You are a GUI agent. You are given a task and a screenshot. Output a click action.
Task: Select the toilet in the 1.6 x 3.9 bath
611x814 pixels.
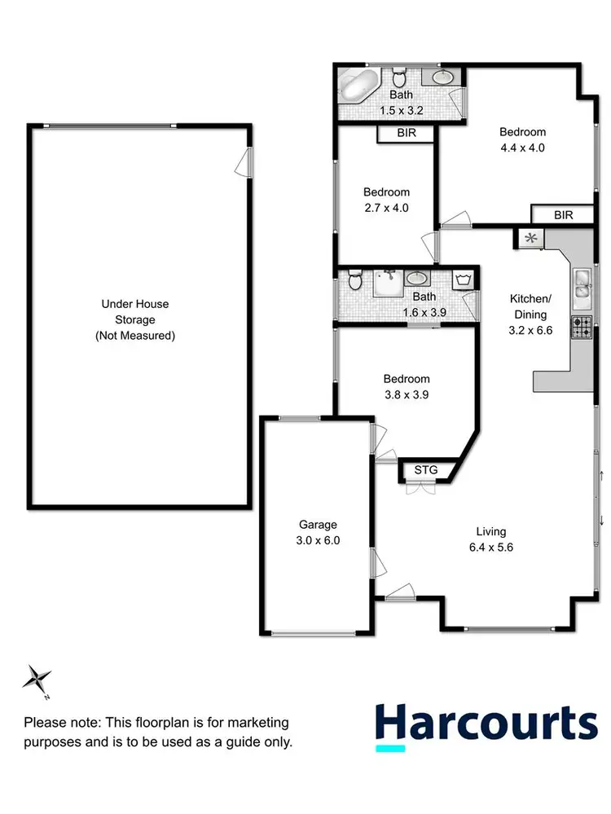[354, 283]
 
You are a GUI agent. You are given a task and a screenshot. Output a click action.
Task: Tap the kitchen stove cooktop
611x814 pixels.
[582, 327]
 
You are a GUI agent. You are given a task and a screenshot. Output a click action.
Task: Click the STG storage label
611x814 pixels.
[426, 470]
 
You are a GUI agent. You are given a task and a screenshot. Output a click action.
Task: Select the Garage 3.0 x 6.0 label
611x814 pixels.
[317, 532]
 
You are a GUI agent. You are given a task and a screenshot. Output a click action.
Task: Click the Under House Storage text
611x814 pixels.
[134, 319]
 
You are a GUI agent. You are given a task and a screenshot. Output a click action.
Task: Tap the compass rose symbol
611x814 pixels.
[37, 677]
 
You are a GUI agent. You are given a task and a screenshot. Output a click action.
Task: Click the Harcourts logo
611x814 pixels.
[486, 724]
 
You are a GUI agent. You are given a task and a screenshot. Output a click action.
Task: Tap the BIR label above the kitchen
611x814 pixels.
[563, 215]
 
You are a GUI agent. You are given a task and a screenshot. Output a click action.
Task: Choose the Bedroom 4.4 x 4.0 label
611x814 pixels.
[522, 139]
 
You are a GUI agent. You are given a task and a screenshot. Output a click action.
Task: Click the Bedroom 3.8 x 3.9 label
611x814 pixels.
[407, 386]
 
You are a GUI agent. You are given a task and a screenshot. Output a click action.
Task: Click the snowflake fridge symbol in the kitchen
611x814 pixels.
[531, 238]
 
